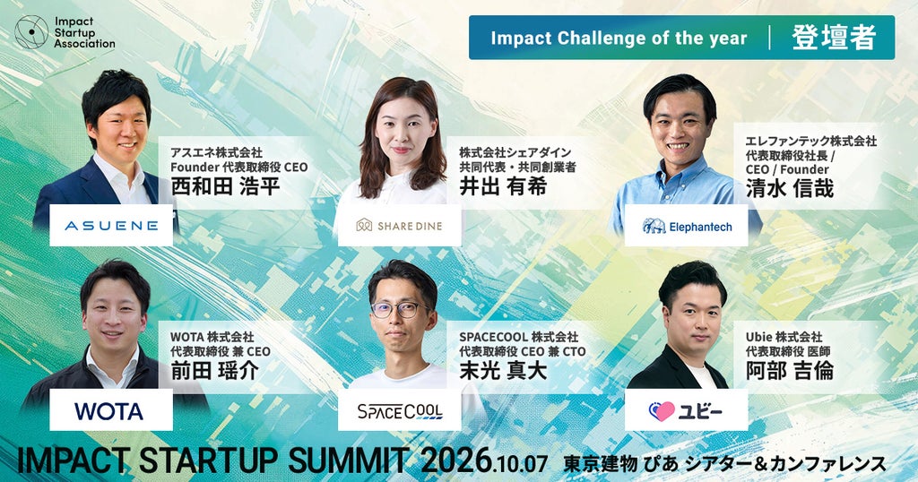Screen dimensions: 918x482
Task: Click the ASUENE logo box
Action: tap(111, 225)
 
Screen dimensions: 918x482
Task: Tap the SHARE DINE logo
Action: tap(399, 225)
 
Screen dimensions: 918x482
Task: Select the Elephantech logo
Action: tap(686, 226)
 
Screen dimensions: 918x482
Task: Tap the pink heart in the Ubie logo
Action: tap(663, 411)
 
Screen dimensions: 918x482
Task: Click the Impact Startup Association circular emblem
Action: tap(31, 31)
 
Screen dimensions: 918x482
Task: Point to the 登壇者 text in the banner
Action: tap(834, 38)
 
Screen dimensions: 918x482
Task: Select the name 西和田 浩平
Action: tap(225, 186)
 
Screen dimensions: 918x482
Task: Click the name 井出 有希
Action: tap(503, 186)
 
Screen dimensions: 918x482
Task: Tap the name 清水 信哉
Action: tap(789, 188)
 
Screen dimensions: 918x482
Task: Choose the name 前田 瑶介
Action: tap(214, 371)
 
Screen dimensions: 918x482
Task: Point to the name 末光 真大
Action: tap(503, 371)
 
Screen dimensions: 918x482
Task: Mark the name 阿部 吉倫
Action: tap(789, 371)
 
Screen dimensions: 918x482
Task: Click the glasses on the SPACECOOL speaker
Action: tap(401, 309)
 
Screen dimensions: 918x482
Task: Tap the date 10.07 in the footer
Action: tap(521, 464)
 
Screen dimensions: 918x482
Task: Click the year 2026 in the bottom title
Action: tap(456, 460)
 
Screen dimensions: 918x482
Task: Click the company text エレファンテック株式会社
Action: tap(810, 141)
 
